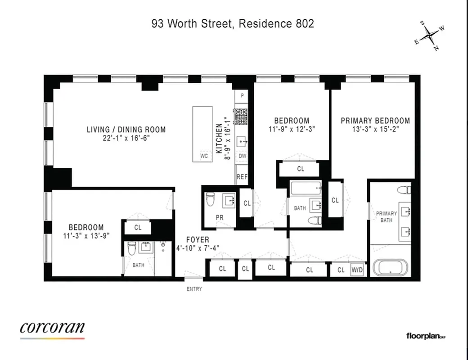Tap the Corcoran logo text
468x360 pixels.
[x=52, y=328]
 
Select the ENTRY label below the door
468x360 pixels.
[x=194, y=289]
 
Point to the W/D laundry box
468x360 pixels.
[x=357, y=270]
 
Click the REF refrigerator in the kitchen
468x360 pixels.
[x=242, y=177]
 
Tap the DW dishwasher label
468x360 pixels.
[x=242, y=156]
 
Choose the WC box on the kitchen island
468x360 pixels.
[x=203, y=156]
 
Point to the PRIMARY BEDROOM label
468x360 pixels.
[x=375, y=121]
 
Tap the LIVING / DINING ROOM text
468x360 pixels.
[x=126, y=130]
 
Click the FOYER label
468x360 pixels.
[x=198, y=240]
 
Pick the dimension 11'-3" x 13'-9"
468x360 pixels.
[x=86, y=235]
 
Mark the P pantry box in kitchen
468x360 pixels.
[x=242, y=95]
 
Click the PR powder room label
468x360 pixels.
[x=220, y=217]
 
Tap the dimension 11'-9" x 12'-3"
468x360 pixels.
[x=292, y=129]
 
